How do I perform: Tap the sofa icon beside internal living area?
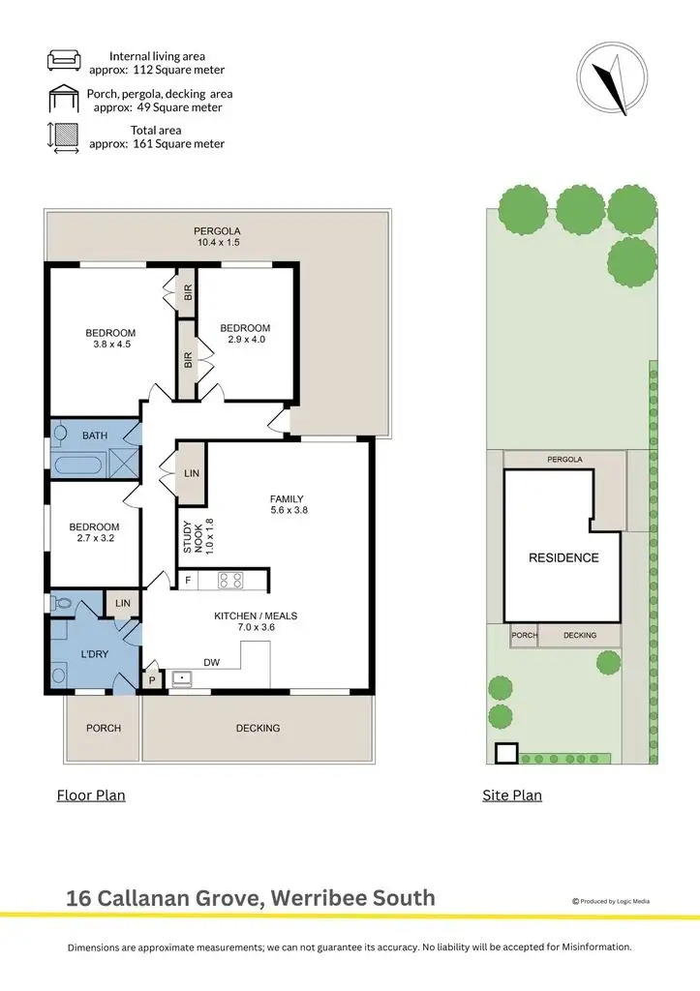coord(65,62)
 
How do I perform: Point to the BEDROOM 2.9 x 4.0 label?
coord(244,333)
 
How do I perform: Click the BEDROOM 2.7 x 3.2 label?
coord(94,532)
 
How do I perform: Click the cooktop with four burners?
coord(231,581)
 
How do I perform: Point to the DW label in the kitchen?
coord(212,663)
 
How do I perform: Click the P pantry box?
coord(151,681)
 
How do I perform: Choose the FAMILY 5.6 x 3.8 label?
coord(289,504)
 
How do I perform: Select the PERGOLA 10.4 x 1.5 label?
coord(217,236)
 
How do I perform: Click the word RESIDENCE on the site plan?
coord(563,557)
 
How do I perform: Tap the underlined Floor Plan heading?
coord(91,796)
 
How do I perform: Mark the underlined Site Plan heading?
coord(512,796)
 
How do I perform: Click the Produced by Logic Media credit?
coord(612,901)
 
